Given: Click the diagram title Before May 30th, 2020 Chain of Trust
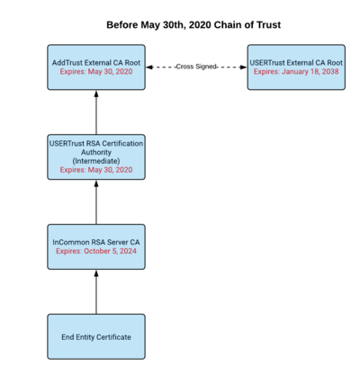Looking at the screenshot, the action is [193, 25].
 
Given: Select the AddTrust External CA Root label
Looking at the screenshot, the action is [96, 63].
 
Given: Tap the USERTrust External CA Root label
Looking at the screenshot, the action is [296, 63].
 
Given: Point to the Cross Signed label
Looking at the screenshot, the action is [196, 67].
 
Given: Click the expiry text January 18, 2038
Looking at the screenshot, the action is [310, 72].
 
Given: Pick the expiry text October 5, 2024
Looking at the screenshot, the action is [110, 251].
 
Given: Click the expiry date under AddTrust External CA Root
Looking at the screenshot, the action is [96, 72].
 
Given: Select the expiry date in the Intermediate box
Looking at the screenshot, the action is [96, 170].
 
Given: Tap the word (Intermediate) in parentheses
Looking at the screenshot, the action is [96, 161].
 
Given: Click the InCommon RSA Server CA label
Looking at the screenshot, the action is [96, 242].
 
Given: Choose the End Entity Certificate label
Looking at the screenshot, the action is [96, 337].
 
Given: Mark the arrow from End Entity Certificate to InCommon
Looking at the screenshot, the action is [96, 292].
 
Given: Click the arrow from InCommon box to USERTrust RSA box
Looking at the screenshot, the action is [96, 202].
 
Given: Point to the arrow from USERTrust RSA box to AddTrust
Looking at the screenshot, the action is [96, 112].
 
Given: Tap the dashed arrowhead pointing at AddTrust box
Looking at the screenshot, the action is [149, 67].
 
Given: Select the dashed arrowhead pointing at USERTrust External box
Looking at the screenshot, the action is [243, 67].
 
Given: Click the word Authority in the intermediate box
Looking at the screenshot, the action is [96, 152].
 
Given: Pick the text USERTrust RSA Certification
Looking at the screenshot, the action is [96, 144].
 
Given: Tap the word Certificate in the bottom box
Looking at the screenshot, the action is [113, 337].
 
